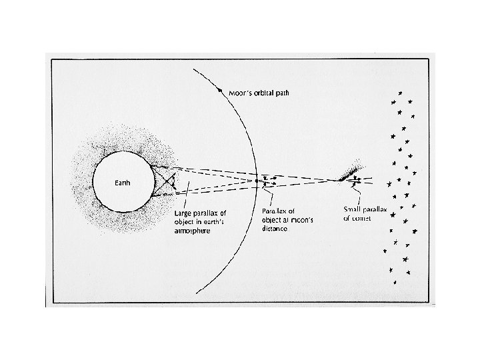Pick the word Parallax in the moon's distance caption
point(273,211)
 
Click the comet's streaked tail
point(349,171)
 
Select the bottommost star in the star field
point(396,283)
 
